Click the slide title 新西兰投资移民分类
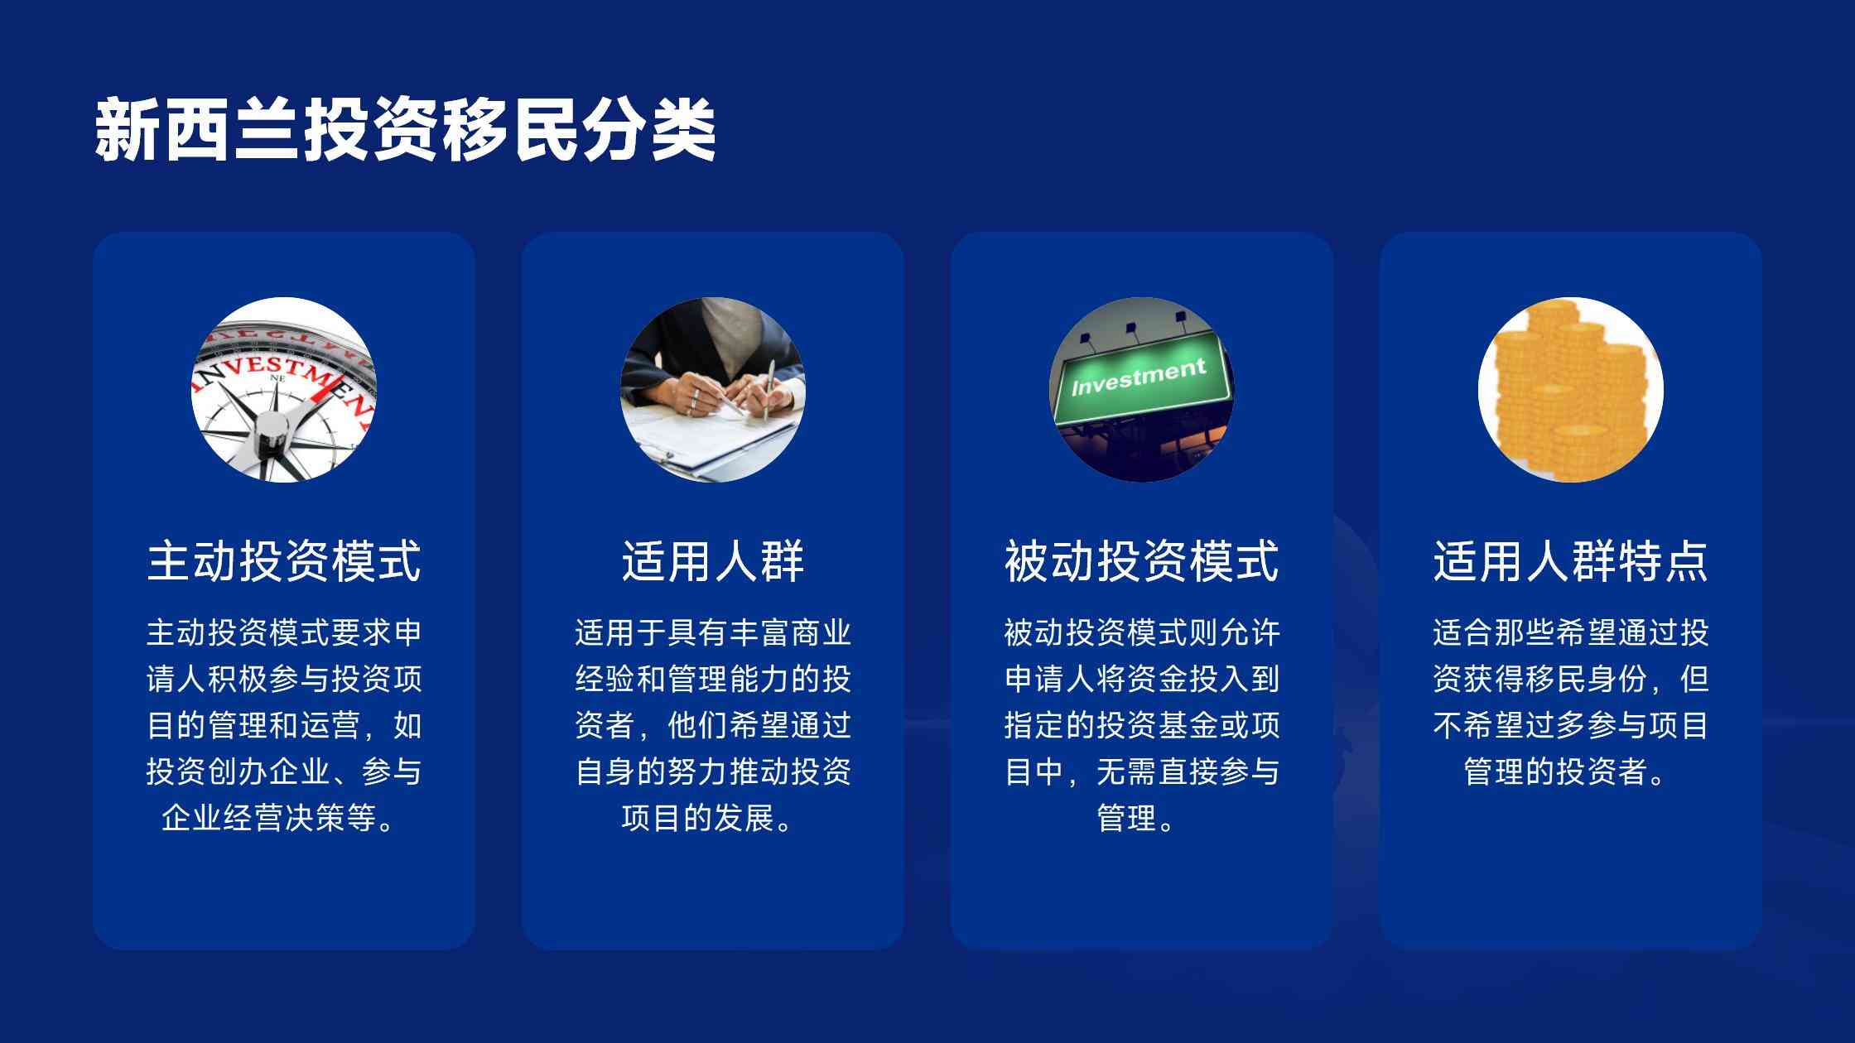tap(405, 130)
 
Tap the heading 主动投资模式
tap(284, 561)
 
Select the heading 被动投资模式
tap(1142, 561)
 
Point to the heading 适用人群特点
tap(1571, 561)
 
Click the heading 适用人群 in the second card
tap(713, 561)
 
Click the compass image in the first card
tap(284, 390)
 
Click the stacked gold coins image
tap(1571, 390)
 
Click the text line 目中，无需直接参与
tap(1142, 771)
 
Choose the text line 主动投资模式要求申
tap(284, 632)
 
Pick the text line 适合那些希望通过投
tap(1571, 632)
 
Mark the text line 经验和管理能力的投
tap(713, 679)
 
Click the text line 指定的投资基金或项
tap(1142, 725)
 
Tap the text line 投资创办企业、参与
tap(284, 771)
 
